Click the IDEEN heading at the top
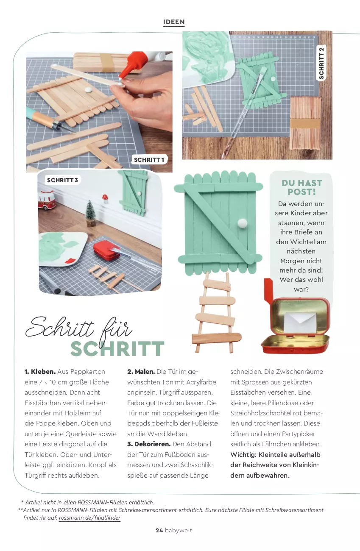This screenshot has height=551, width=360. coord(174,22)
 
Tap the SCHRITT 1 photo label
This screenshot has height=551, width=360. coord(149,160)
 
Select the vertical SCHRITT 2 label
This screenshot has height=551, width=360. coord(321,63)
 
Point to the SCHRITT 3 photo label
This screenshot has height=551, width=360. coord(63,180)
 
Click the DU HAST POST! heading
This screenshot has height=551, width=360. coord(302,187)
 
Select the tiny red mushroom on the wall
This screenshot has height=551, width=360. coord(105,198)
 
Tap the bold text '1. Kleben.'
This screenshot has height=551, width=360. coord(40,372)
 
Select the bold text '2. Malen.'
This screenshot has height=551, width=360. coord(141,372)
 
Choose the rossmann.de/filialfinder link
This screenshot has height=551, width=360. coord(89,518)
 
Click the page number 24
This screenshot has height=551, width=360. coord(159,530)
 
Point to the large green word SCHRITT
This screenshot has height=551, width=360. coord(117,349)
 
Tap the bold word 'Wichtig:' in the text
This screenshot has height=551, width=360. coord(243,455)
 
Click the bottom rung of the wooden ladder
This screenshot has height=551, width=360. coord(217,338)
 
